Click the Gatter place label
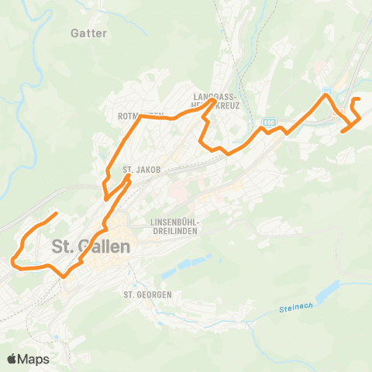click(x=88, y=33)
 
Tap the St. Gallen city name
click(x=91, y=247)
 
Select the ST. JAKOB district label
click(x=141, y=170)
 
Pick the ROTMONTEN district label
click(x=140, y=116)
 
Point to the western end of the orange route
click(x=12, y=261)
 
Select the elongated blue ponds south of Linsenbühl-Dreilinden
click(x=186, y=263)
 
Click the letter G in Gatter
click(x=74, y=33)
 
